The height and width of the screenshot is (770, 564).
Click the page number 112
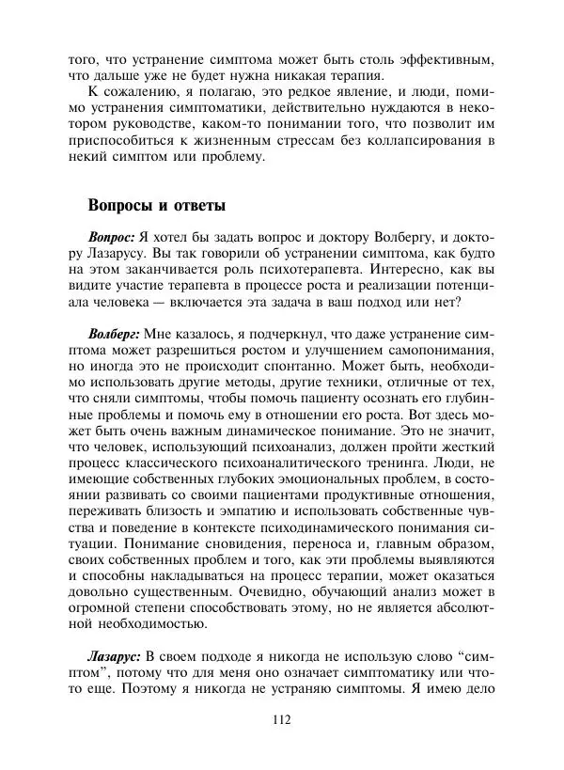coord(281,721)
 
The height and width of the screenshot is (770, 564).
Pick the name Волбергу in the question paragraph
coord(399,239)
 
